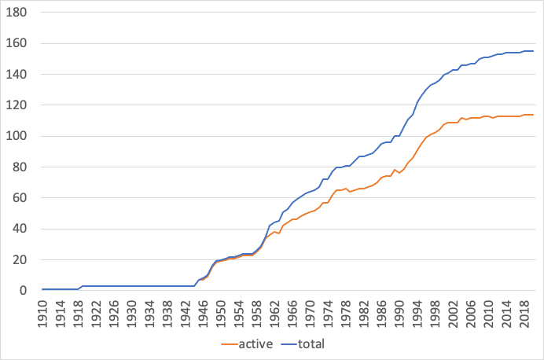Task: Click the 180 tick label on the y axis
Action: (x=18, y=13)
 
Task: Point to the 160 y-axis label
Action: (x=18, y=44)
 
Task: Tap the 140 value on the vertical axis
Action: (x=18, y=75)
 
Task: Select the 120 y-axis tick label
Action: (x=18, y=105)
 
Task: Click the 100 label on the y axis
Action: (x=18, y=136)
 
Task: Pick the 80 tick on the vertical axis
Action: (x=21, y=167)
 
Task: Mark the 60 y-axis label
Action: (x=21, y=198)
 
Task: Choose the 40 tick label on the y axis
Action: (x=21, y=229)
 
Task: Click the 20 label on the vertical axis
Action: (x=21, y=259)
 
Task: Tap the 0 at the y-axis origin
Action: (x=24, y=291)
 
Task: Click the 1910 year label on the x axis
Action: (x=44, y=310)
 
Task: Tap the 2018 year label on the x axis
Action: (x=523, y=310)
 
